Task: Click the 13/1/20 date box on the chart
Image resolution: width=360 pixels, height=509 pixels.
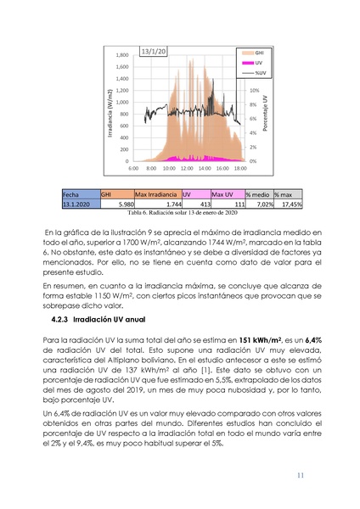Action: tap(154, 51)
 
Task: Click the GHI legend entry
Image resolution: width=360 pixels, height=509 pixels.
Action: tap(257, 52)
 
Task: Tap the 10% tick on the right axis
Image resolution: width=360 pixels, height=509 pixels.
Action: tap(254, 89)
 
